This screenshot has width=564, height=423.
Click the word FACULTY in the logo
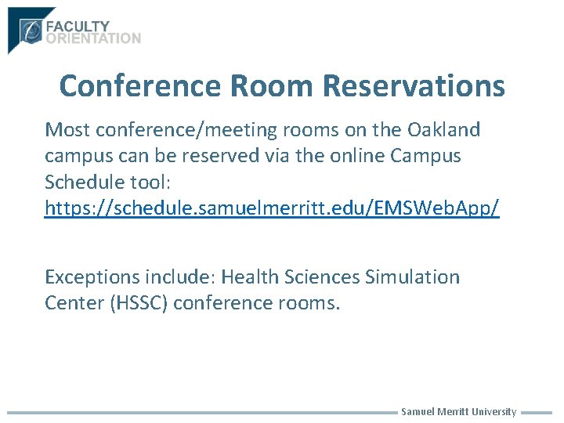click(x=78, y=27)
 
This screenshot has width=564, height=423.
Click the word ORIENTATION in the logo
click(x=94, y=38)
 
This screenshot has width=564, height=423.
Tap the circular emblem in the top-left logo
click(x=31, y=31)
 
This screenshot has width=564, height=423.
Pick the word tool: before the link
click(x=143, y=183)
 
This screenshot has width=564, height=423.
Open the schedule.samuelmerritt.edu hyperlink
click(x=272, y=209)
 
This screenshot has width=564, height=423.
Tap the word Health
click(x=248, y=277)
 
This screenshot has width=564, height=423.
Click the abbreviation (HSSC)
click(x=139, y=303)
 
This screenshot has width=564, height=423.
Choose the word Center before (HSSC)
click(x=72, y=303)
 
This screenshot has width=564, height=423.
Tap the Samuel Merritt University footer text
click(x=458, y=412)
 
